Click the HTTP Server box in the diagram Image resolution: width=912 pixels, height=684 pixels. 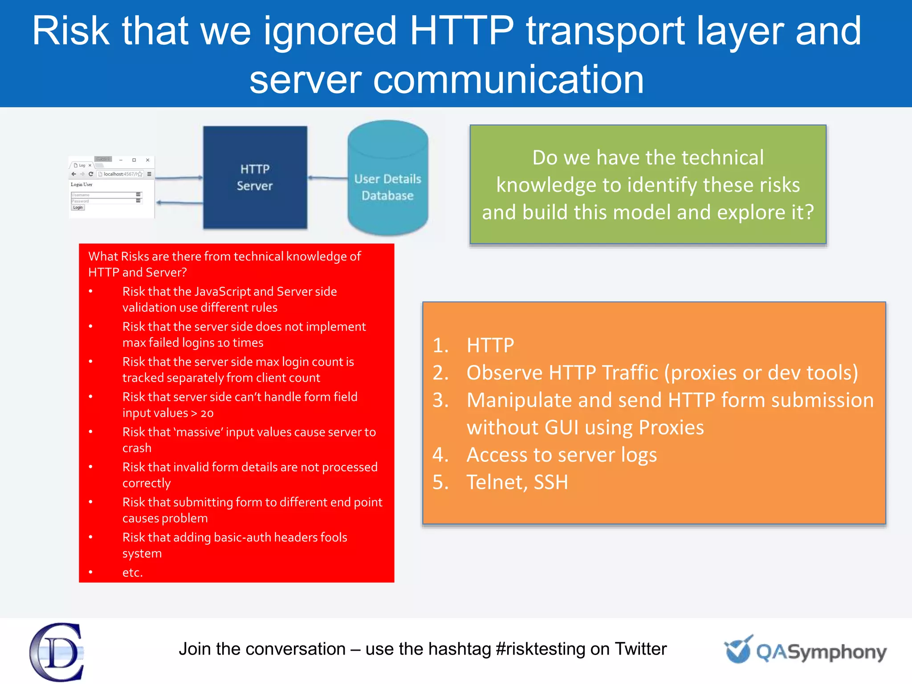pyautogui.click(x=255, y=177)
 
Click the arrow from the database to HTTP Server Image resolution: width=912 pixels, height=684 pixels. pyautogui.click(x=327, y=178)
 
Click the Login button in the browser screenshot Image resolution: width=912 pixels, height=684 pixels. pyautogui.click(x=78, y=208)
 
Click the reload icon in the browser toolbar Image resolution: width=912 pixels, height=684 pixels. pyautogui.click(x=91, y=174)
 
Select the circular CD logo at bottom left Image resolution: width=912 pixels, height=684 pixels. pyautogui.click(x=57, y=652)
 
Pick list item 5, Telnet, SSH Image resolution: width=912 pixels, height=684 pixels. pyautogui.click(x=517, y=482)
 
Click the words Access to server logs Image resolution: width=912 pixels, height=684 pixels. pyautogui.click(x=561, y=455)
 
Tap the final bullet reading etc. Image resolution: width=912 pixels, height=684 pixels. pyautogui.click(x=133, y=573)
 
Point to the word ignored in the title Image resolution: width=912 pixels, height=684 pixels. pyautogui.click(x=330, y=31)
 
